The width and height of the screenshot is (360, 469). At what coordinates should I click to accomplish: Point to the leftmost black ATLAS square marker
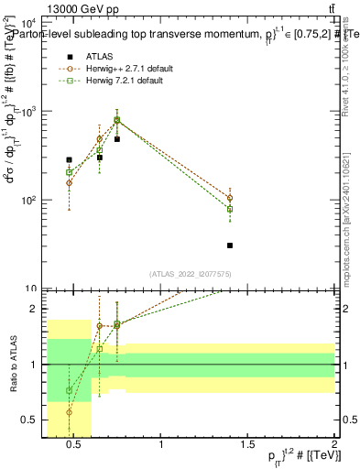70,159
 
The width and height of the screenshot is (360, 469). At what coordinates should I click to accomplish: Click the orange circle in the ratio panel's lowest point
70,412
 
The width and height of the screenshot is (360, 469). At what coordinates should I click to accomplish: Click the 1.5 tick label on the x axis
247,444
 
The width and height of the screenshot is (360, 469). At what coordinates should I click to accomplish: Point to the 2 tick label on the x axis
333,444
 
